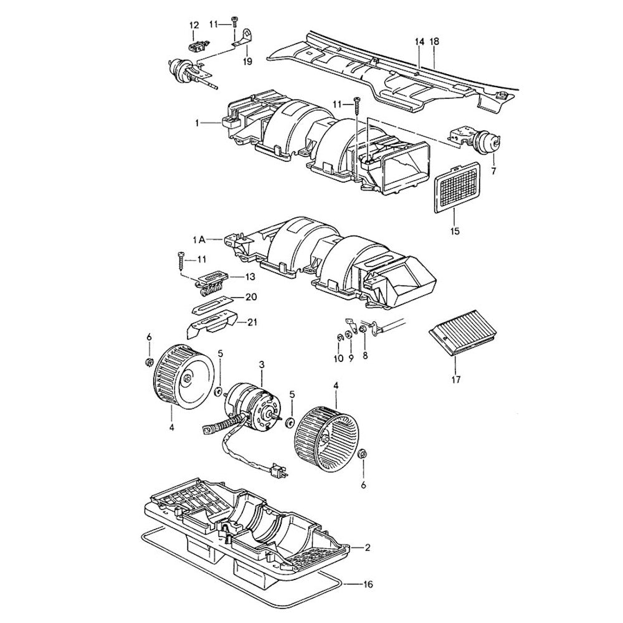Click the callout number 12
(194, 25)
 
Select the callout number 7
(493, 170)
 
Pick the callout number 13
(250, 277)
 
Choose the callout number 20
(250, 298)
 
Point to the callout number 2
(368, 548)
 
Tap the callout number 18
(435, 41)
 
